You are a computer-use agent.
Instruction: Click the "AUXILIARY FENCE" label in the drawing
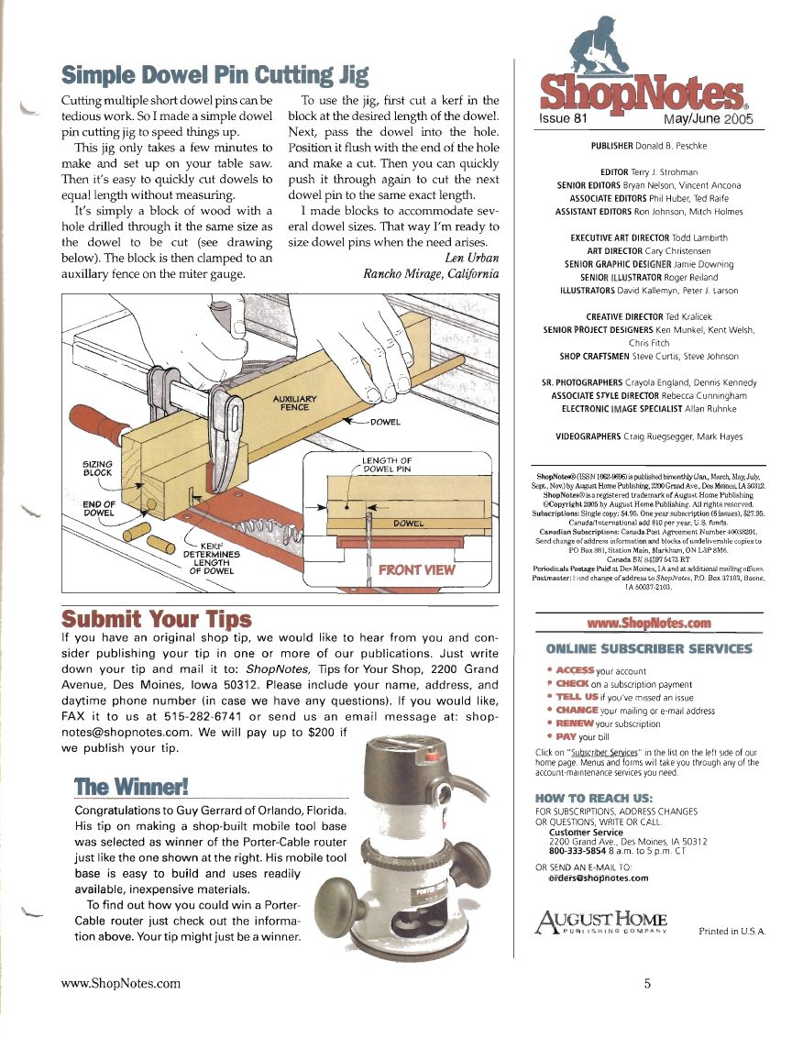tap(291, 403)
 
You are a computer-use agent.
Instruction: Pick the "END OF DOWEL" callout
tap(97, 508)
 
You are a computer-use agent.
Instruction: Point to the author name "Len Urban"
tap(471, 258)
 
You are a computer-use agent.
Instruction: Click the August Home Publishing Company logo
tap(599, 929)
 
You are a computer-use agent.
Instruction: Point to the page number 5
tap(646, 985)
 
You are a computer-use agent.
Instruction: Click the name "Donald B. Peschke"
tap(675, 146)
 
